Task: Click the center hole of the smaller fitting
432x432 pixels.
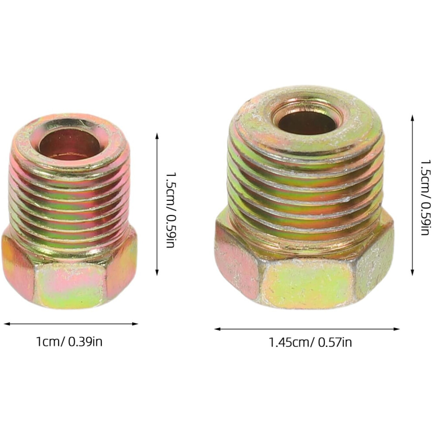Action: click(72, 144)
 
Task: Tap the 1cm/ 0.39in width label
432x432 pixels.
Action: click(69, 342)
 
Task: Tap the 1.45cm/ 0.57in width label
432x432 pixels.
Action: click(310, 343)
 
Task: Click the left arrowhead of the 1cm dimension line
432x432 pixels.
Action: click(7, 324)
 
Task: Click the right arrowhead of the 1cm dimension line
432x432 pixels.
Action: click(135, 324)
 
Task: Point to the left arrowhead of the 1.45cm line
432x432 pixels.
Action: click(217, 329)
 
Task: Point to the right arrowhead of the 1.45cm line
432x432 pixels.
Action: click(397, 329)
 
